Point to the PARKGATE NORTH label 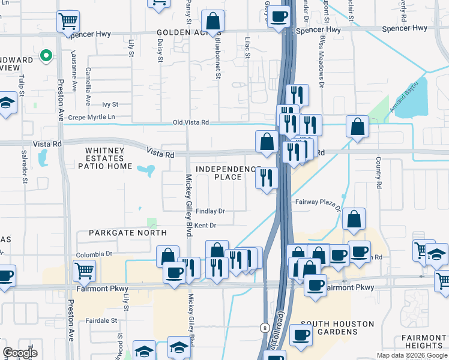coord(127,232)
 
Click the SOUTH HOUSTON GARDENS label coord(337,328)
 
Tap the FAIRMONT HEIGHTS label coord(423,341)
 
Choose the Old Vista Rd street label coord(190,122)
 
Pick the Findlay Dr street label coord(209,211)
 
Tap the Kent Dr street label coord(205,226)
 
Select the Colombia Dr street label coord(94,254)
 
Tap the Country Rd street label coord(379,174)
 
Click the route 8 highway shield coord(265,328)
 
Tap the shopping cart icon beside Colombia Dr coord(84,271)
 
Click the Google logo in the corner coord(20,353)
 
